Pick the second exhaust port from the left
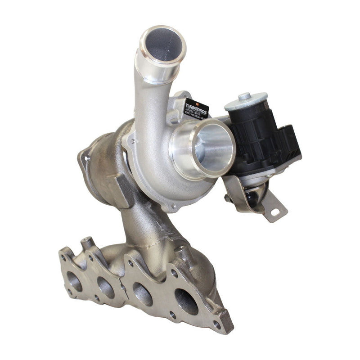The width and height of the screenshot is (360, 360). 106,288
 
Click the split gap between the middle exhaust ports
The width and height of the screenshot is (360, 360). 123,288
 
